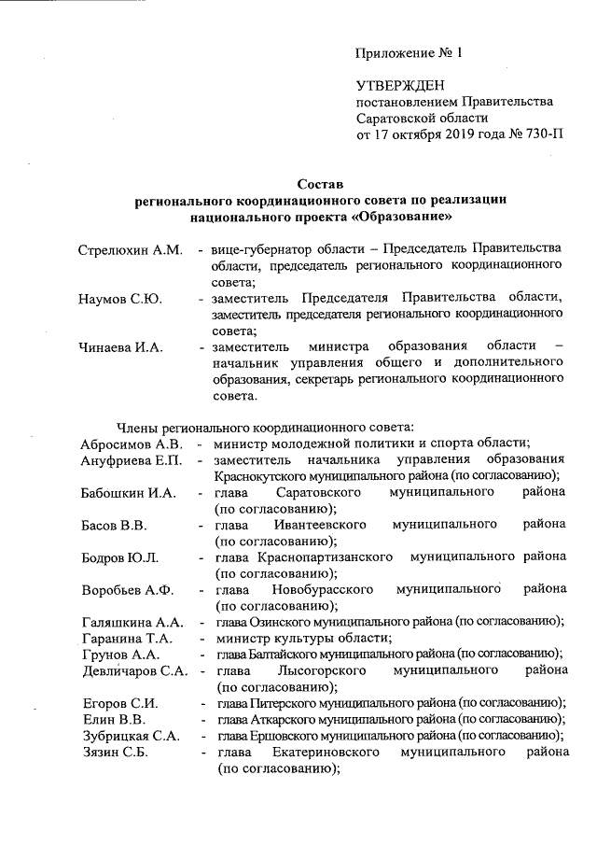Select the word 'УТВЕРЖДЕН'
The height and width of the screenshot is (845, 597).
(x=396, y=85)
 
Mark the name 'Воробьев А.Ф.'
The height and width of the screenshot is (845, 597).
(x=128, y=590)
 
